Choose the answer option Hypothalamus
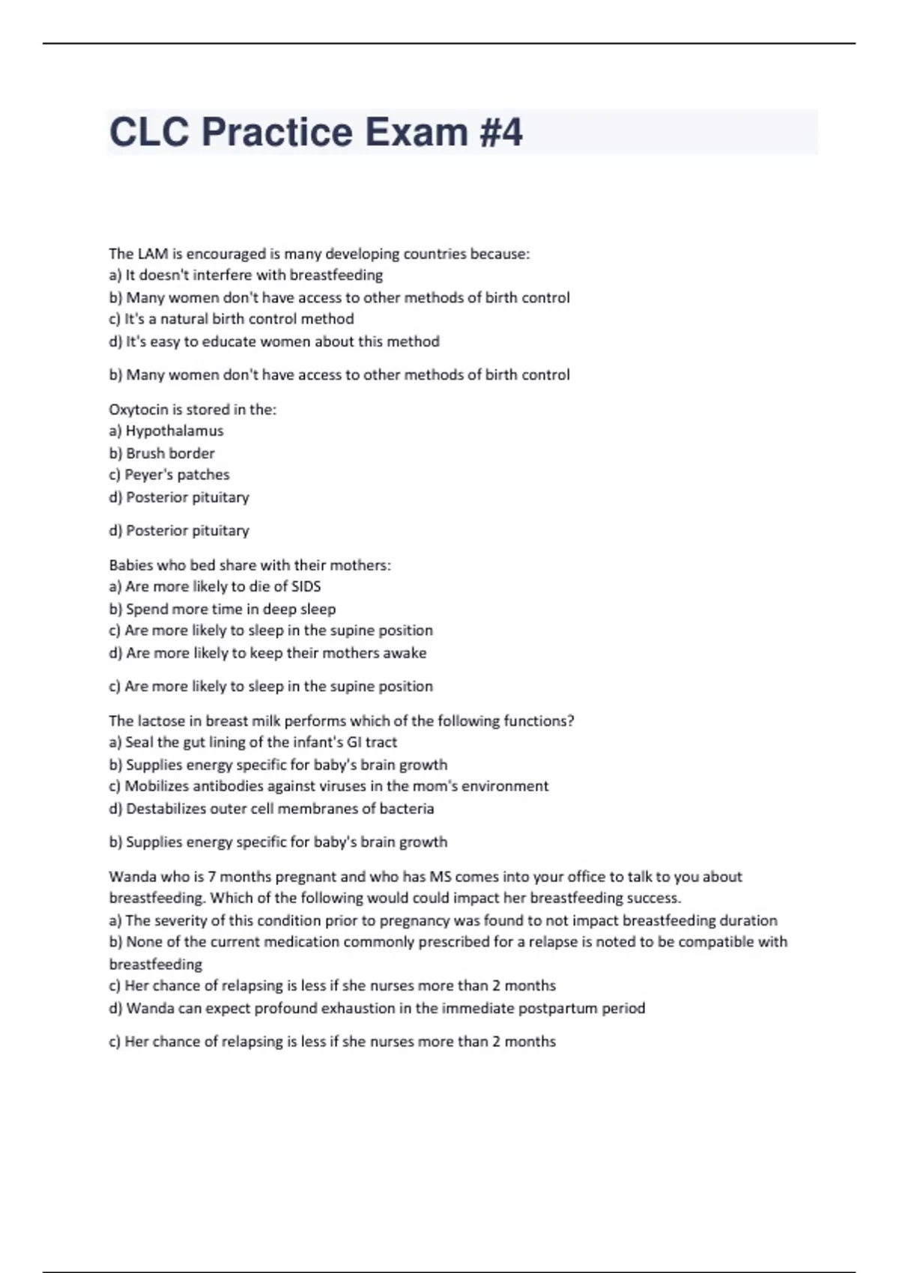pyautogui.click(x=175, y=431)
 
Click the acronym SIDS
pyautogui.click(x=306, y=586)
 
